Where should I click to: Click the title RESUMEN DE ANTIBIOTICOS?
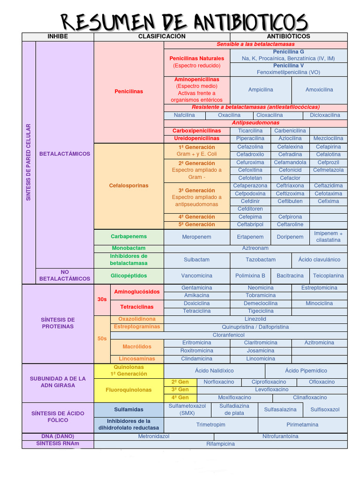(184, 21)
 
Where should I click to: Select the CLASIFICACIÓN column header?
(162, 37)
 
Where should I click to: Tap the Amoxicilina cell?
(319, 90)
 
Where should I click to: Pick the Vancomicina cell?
(196, 276)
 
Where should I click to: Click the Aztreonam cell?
(255, 248)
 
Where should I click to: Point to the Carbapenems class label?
(128, 237)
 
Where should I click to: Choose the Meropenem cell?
(196, 237)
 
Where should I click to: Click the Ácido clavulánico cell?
(319, 259)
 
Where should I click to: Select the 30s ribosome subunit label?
(102, 299)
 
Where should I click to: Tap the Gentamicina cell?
(196, 287)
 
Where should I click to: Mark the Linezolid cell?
(255, 319)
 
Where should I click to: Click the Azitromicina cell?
(319, 343)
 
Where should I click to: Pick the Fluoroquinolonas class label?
(128, 390)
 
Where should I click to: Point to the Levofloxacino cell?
(271, 390)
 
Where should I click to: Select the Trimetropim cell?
(210, 425)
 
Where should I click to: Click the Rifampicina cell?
(220, 443)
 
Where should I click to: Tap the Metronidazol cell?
(153, 436)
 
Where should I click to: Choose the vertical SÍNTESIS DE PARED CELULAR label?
(28, 162)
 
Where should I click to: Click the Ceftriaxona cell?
(290, 186)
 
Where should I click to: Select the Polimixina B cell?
(250, 276)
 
